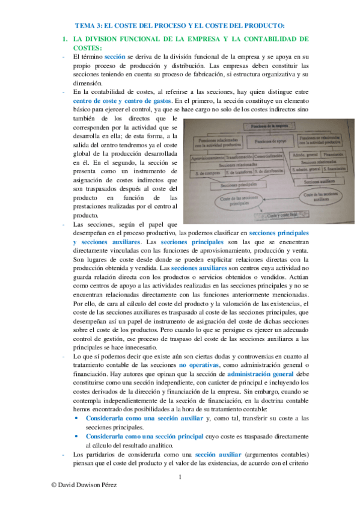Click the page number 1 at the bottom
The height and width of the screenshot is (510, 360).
pyautogui.click(x=180, y=478)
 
